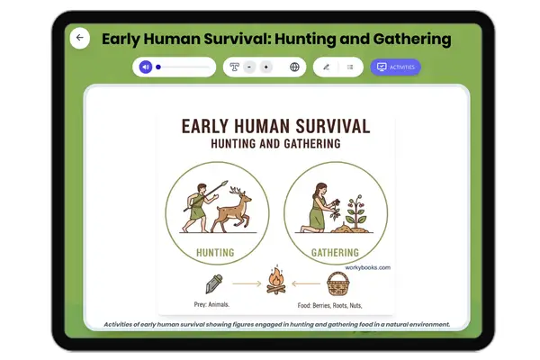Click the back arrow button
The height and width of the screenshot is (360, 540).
click(80, 38)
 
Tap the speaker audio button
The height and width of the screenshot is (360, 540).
click(146, 67)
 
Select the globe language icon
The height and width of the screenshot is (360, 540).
click(294, 67)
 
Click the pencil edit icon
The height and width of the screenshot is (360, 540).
click(327, 67)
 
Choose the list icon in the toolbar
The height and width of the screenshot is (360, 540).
click(350, 67)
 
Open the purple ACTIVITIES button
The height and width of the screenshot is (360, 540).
click(395, 67)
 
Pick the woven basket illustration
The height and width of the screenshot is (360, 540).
click(337, 283)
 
